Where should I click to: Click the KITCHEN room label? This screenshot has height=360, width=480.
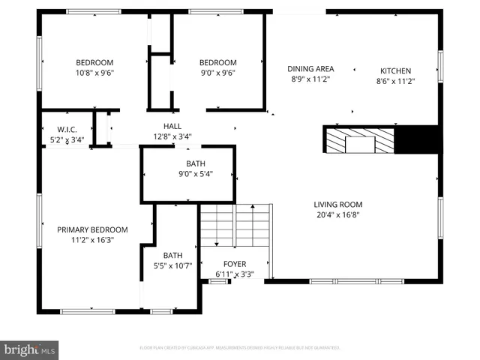(x=395, y=70)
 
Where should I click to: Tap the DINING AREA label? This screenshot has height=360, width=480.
(x=310, y=69)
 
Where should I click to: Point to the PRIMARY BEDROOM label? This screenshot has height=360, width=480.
(x=92, y=229)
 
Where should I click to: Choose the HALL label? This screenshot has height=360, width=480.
(x=172, y=126)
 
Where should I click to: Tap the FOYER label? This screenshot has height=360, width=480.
(x=235, y=264)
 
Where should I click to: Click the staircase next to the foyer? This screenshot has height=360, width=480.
(x=234, y=229)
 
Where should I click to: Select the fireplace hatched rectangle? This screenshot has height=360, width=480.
(x=358, y=140)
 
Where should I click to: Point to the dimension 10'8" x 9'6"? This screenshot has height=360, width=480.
(x=94, y=73)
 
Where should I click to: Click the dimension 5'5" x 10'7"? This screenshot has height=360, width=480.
(x=172, y=265)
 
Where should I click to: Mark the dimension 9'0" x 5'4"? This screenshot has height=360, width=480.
(x=195, y=174)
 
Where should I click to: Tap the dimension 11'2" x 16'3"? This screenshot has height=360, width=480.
(x=92, y=240)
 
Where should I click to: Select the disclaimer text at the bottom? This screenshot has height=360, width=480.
(x=240, y=347)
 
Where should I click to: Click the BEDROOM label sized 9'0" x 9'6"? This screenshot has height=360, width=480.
(x=217, y=62)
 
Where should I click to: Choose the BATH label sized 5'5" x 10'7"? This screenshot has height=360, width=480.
(x=172, y=255)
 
